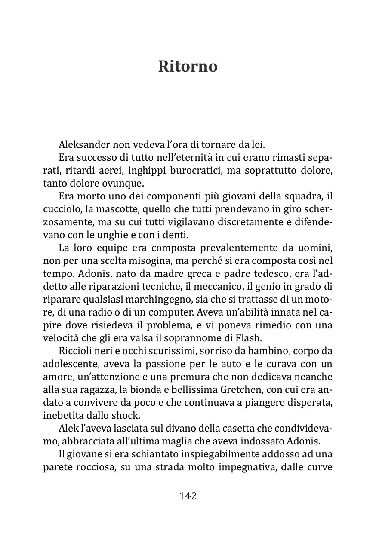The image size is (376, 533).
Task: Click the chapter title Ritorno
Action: (188, 67)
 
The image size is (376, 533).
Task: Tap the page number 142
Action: (188, 496)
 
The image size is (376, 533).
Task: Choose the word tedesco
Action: (262, 274)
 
